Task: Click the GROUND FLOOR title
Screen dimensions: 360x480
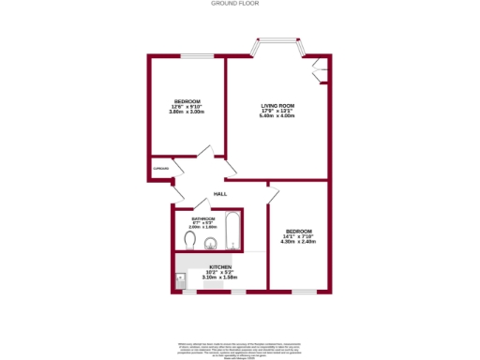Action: click(239, 4)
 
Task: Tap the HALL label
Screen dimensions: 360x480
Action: click(220, 193)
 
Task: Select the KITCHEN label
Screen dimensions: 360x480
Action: click(220, 266)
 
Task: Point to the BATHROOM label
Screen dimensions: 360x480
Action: click(203, 219)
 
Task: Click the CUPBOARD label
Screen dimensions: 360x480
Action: click(161, 169)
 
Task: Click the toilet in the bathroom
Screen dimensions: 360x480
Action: click(191, 242)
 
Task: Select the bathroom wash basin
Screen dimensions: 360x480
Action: click(212, 246)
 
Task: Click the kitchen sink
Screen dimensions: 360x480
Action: click(180, 278)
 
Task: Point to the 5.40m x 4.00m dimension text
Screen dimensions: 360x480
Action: click(277, 116)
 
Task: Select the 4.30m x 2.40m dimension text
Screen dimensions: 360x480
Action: click(299, 242)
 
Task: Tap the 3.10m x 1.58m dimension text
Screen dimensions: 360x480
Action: click(220, 277)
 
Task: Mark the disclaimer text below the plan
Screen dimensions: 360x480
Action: click(239, 347)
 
